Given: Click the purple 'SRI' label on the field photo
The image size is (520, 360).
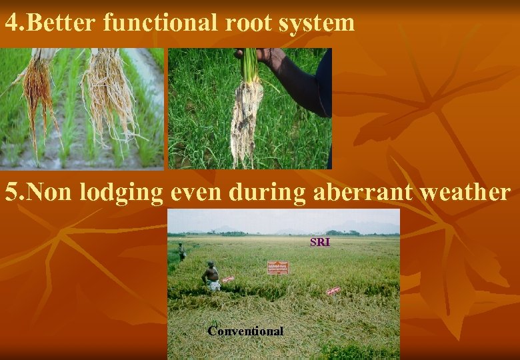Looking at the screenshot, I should [320, 242].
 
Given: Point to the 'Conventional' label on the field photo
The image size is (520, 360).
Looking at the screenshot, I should [245, 331].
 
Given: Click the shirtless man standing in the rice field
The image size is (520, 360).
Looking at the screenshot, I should [212, 275].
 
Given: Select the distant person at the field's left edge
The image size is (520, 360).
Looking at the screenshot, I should [181, 251].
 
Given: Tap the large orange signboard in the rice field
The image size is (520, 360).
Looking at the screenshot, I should [277, 267].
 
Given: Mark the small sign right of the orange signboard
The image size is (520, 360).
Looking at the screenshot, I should [333, 291].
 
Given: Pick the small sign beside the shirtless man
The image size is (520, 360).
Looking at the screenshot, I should [228, 279].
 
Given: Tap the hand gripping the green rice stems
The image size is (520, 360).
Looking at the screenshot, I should [261, 56].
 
